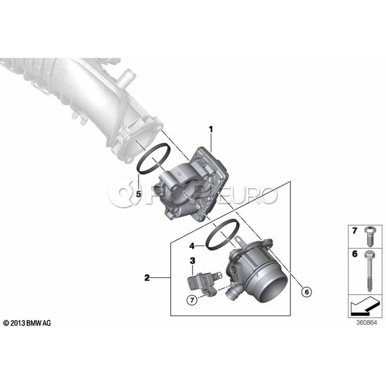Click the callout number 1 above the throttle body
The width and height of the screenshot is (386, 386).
pos(211,130)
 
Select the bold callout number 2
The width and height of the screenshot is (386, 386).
pos(147,278)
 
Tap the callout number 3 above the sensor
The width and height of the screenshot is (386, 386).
pos(192,261)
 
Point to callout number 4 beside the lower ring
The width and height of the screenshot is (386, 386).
pos(192,246)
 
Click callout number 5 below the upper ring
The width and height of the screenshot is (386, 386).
pos(139,194)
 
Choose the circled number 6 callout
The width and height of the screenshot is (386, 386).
pos(307,292)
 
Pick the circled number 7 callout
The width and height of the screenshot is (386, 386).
pos(192,300)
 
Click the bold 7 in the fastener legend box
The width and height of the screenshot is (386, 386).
pos(355,231)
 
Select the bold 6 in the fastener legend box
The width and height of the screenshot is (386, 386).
pos(355,254)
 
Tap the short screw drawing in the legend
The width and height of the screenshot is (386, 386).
pos(368,237)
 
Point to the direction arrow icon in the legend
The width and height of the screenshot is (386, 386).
pos(364,306)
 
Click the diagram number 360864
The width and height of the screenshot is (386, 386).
pos(367,323)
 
